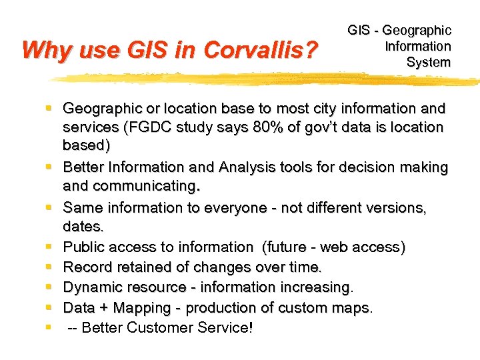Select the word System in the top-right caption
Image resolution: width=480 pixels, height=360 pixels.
(429, 63)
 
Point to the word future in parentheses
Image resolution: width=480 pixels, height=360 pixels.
(289, 247)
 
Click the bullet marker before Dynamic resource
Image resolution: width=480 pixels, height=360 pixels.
(49, 287)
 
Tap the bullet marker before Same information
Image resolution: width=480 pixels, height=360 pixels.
(49, 207)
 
